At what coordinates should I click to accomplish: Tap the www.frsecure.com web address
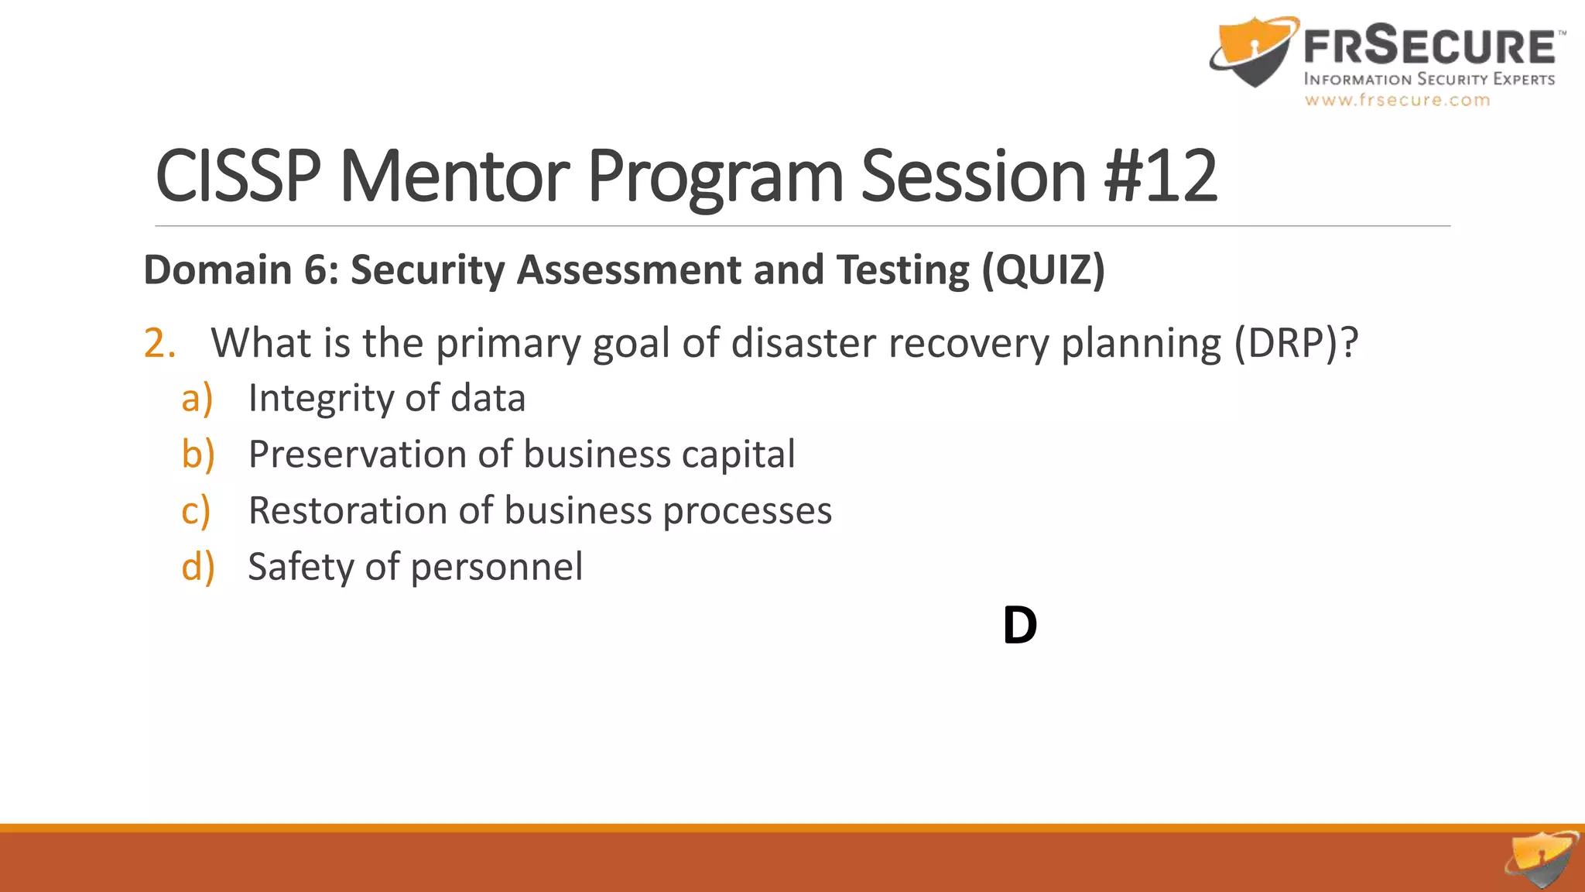point(1397,100)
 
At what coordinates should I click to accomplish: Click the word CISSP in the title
point(238,177)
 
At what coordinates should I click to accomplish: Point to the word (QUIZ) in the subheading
point(1043,270)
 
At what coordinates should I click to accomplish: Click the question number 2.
point(159,343)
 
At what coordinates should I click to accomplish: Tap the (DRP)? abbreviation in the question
point(1296,343)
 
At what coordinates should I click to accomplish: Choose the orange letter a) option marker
point(197,399)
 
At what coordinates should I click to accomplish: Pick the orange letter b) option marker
point(197,455)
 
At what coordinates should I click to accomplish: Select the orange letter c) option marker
point(196,511)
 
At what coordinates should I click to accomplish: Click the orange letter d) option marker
point(197,567)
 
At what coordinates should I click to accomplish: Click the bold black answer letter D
point(1019,626)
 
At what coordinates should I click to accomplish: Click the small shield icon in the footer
point(1542,859)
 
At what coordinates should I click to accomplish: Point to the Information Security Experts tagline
point(1429,79)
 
